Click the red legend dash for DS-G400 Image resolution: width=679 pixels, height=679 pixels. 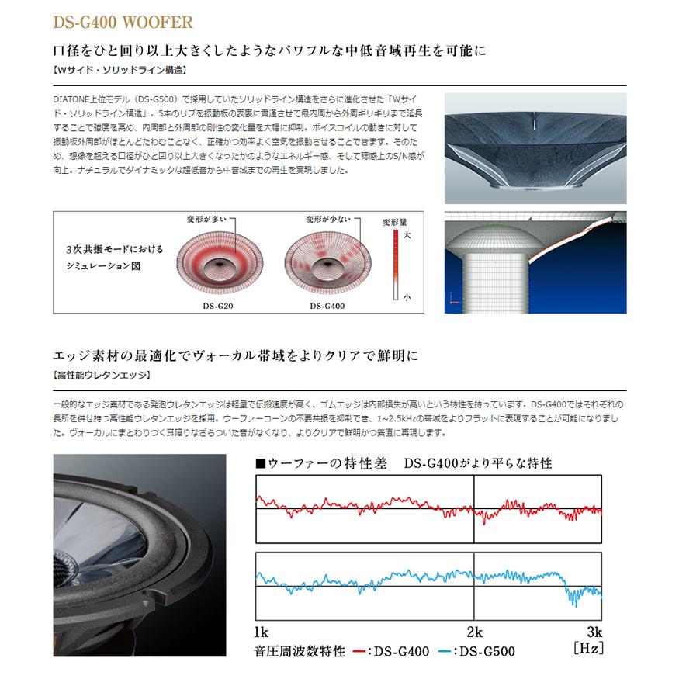tap(359, 651)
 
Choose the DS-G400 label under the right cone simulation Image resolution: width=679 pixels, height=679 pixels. tap(327, 306)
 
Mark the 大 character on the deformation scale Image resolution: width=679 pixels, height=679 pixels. tap(407, 233)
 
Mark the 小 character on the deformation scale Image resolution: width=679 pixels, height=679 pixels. tap(407, 296)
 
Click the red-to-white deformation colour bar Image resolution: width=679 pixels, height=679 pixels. tap(395, 264)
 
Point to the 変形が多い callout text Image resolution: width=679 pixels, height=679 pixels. tap(206, 220)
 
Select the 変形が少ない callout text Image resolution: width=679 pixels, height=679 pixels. tap(327, 220)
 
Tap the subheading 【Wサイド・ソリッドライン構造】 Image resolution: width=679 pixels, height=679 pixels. tap(120, 70)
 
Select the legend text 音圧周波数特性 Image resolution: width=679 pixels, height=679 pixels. tap(299, 651)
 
